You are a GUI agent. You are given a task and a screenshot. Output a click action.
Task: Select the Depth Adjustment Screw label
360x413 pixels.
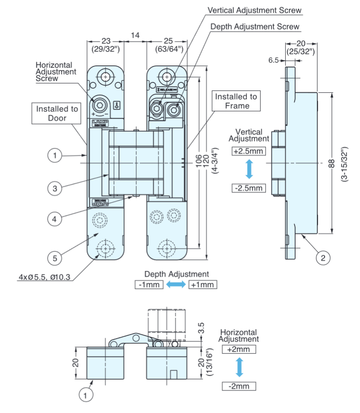[255, 27]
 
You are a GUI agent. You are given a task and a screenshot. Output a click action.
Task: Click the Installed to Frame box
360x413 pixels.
[237, 101]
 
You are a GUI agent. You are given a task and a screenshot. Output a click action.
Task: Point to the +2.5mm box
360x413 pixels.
[249, 151]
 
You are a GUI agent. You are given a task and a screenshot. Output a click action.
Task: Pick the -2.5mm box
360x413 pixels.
[249, 188]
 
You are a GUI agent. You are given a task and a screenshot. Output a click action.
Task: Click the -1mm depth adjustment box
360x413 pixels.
[149, 285]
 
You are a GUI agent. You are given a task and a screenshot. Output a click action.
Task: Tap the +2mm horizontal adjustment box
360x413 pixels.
[239, 349]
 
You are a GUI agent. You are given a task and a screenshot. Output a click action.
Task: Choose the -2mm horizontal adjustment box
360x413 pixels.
[239, 386]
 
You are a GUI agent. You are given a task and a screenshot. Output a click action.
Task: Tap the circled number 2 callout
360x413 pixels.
[323, 258]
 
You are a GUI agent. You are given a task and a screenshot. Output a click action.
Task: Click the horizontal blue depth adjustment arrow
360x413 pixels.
[176, 285]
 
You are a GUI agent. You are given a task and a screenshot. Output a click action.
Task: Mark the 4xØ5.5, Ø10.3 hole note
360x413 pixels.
[41, 277]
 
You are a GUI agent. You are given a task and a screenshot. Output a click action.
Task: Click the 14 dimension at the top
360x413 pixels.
[135, 35]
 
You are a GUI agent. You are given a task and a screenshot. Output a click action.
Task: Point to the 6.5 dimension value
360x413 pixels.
[274, 60]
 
